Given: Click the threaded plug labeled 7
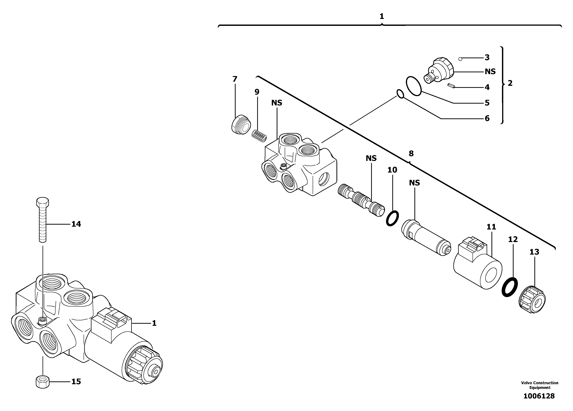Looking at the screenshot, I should pos(240,125).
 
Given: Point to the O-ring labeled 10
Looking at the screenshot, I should pos(392,218).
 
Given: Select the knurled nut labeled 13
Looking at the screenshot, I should pos(532,300).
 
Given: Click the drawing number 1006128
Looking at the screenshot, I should pos(539,396).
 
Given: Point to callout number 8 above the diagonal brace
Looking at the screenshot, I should pos(411,153).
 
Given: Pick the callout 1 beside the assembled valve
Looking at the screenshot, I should pos(154,323).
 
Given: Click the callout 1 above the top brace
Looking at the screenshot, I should pos(382,16).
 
